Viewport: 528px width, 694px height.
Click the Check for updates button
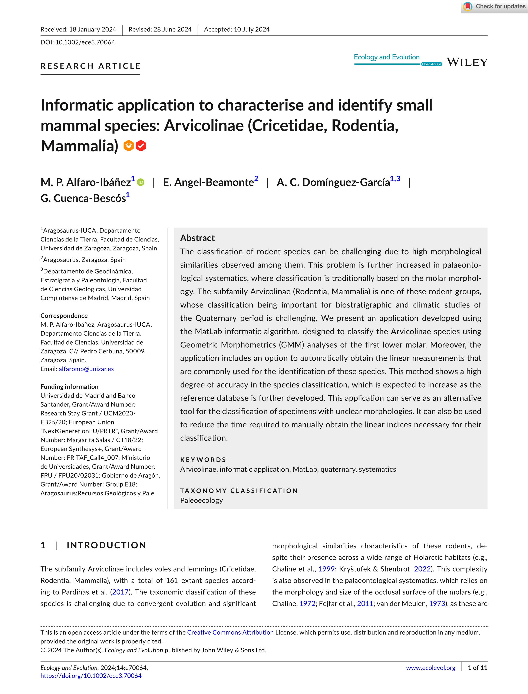[494, 7]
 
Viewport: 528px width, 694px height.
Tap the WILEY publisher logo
[467, 62]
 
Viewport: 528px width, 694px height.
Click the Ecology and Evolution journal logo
[387, 57]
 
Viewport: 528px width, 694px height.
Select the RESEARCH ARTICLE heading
[90, 66]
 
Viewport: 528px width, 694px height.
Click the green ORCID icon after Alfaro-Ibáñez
[141, 182]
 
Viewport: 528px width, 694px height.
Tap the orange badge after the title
[129, 146]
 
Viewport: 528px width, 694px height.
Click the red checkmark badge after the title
[141, 146]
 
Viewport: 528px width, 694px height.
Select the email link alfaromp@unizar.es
[86, 369]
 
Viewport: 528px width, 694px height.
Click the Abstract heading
[197, 238]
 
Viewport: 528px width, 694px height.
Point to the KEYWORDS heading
[203, 460]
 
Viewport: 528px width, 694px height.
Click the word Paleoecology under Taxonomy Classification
[201, 500]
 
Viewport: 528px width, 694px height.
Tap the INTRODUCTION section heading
[106, 545]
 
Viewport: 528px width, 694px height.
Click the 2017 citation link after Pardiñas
[120, 592]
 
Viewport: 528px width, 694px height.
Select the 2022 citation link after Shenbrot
[422, 569]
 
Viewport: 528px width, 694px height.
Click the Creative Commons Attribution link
[230, 632]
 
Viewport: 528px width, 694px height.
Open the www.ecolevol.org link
[430, 668]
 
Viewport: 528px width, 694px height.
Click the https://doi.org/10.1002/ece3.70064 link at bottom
[91, 676]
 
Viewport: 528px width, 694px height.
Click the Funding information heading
[69, 387]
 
